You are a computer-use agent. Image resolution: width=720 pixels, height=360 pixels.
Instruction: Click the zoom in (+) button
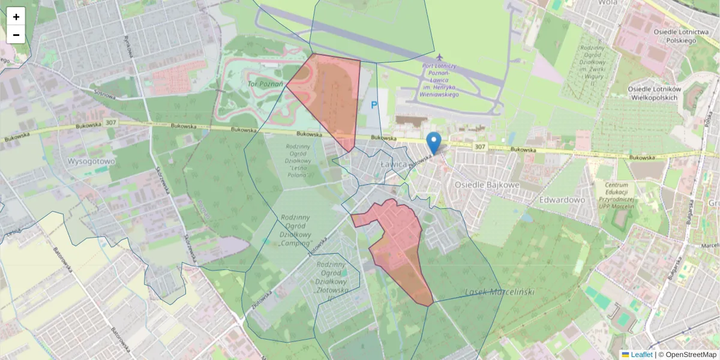tap(16, 17)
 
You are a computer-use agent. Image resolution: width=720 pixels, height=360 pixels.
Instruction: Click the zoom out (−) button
tap(16, 35)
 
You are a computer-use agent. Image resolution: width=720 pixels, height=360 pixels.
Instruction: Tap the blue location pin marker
tap(434, 143)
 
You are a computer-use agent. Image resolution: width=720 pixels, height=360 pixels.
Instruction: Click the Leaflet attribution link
tap(641, 355)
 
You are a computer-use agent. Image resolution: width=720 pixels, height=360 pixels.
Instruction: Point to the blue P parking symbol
tap(374, 106)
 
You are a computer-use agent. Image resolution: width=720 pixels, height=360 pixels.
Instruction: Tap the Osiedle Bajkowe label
tap(487, 185)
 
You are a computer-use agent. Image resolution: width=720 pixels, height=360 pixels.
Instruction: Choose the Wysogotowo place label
tap(91, 161)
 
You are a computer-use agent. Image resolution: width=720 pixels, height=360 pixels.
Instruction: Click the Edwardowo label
tap(562, 199)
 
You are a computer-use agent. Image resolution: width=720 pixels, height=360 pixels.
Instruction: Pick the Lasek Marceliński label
tap(499, 292)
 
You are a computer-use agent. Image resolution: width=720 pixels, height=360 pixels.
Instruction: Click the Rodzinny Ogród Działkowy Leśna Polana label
tap(298, 160)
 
